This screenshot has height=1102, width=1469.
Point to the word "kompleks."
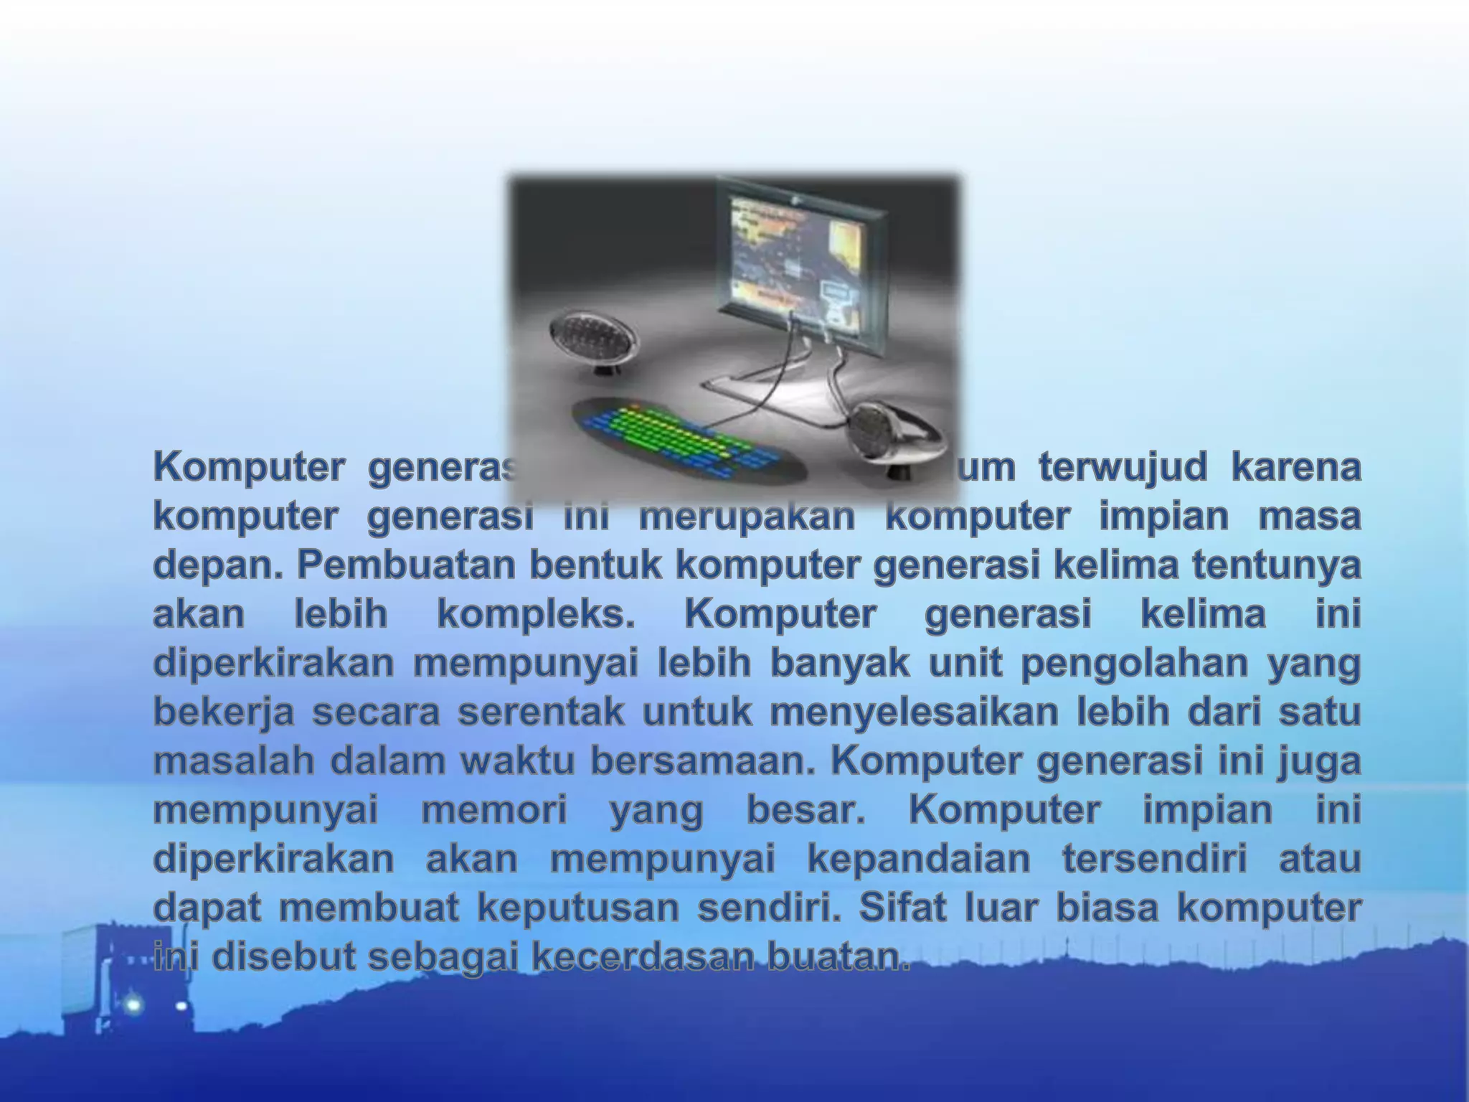[536, 616]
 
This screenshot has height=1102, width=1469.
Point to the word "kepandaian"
[919, 860]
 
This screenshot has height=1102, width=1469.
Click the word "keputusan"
[578, 908]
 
